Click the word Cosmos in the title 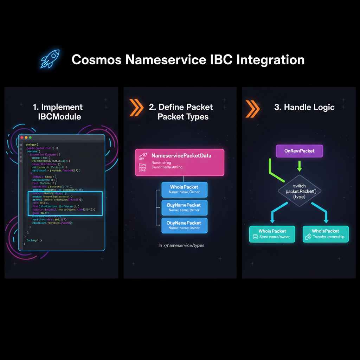point(96,60)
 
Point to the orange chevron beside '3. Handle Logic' point(252,108)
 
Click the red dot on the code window point(22,137)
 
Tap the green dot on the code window point(30,137)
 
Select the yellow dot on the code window point(26,137)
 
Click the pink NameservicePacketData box point(179,162)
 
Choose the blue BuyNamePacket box point(184,207)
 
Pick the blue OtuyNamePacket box point(184,225)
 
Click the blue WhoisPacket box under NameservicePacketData point(184,189)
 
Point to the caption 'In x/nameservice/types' point(181,245)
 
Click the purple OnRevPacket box point(299,151)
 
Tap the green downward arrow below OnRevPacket point(299,166)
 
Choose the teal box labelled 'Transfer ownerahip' point(326,234)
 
